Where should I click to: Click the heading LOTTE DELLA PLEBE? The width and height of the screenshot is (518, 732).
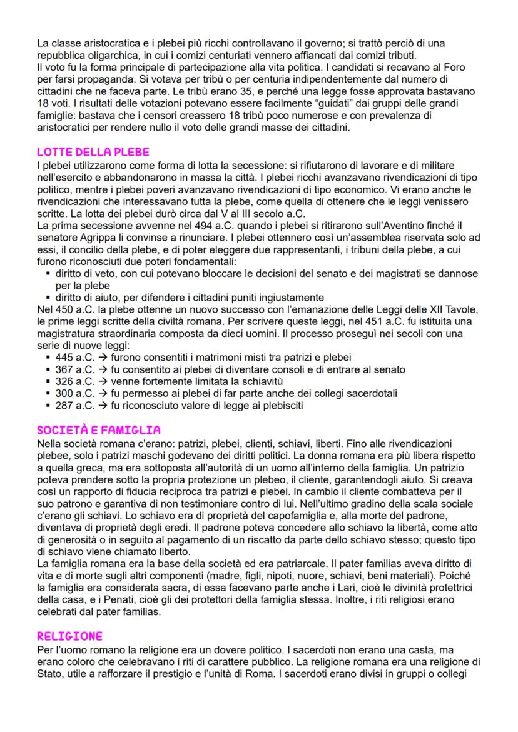93,152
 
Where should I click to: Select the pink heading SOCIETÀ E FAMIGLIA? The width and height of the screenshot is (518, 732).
98,430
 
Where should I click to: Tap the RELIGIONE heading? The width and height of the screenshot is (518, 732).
69,636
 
